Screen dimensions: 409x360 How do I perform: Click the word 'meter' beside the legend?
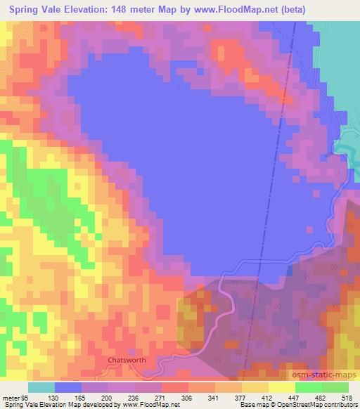(x=13, y=397)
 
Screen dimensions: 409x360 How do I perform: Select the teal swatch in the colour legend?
(x=41, y=387)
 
